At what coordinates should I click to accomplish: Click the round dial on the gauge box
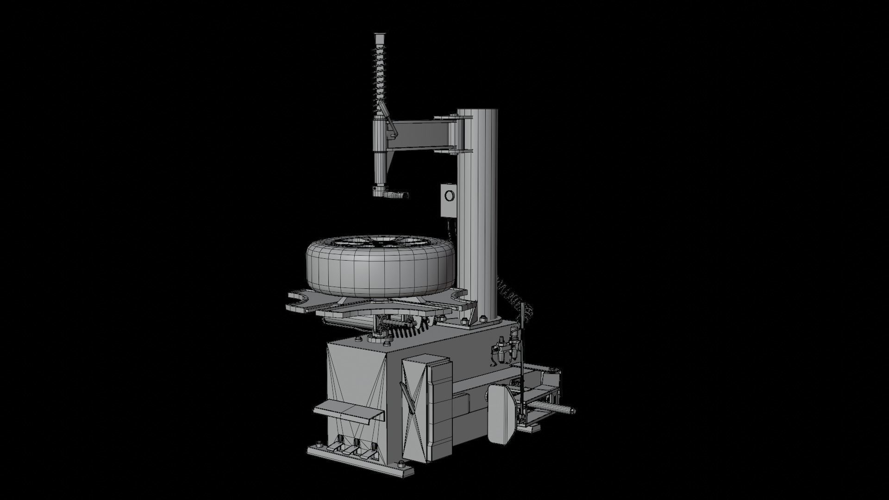tap(448, 196)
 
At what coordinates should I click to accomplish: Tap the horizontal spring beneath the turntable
tap(407, 330)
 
